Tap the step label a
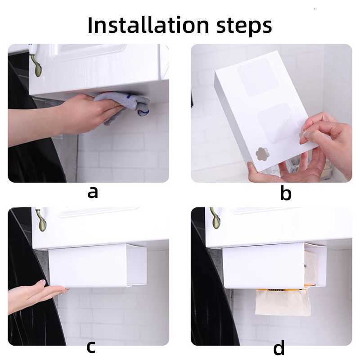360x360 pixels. [x=93, y=192]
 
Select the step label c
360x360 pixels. [x=91, y=347]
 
